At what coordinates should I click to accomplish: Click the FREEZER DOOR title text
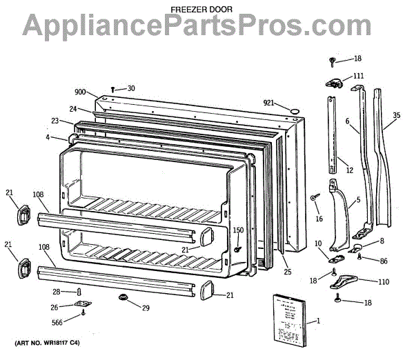click(202, 10)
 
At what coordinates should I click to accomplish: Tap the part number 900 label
click(80, 90)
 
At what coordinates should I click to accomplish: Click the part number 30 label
click(131, 88)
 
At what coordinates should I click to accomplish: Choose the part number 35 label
click(396, 117)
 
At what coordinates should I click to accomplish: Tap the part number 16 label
click(319, 219)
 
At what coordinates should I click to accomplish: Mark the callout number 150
click(238, 230)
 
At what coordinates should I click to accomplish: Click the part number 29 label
click(146, 307)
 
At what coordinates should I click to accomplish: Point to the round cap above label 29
click(124, 297)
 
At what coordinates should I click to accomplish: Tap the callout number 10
click(318, 243)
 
